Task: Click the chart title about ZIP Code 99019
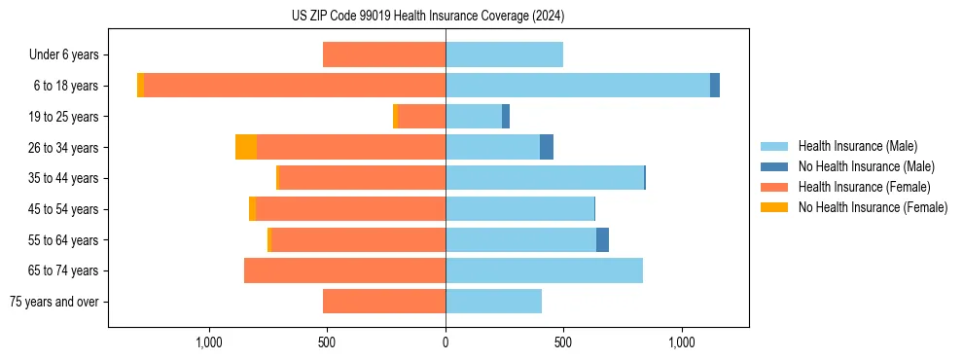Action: [428, 17]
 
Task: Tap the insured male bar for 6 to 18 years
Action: [578, 86]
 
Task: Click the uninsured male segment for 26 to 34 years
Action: [547, 147]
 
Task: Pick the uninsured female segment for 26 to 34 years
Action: [246, 147]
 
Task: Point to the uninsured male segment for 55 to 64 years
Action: [603, 239]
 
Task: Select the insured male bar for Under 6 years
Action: [504, 54]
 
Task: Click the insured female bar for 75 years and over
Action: [384, 302]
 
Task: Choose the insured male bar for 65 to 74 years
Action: [544, 270]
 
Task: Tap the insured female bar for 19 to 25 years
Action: [421, 117]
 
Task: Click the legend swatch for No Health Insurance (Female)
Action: [774, 207]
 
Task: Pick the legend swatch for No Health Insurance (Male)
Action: [774, 166]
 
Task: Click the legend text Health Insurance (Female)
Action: [864, 187]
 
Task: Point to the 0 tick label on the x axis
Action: [446, 342]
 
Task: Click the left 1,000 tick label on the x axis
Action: [209, 342]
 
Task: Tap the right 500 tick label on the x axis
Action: [563, 342]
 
